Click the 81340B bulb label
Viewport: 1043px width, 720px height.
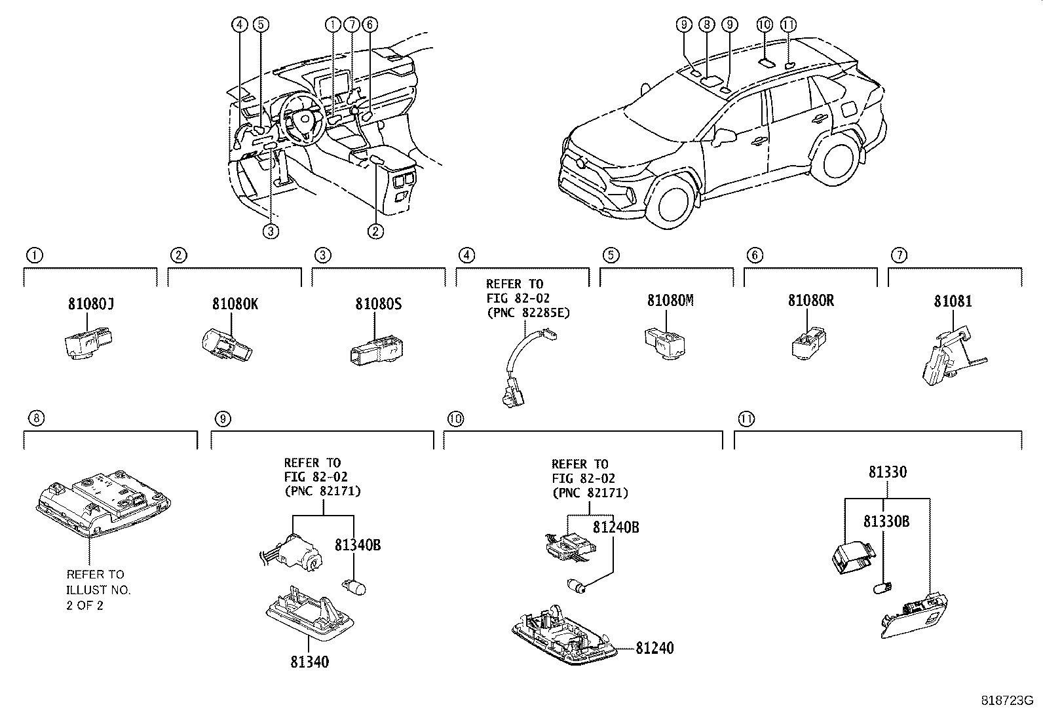(x=358, y=544)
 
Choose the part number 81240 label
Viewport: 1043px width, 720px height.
(x=654, y=648)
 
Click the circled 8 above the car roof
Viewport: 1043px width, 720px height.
(x=706, y=25)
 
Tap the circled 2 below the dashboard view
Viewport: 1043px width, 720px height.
(x=375, y=231)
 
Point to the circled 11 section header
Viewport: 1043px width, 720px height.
(x=745, y=418)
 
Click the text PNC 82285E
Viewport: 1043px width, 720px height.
(x=528, y=313)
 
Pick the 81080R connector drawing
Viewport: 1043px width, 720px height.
(x=810, y=341)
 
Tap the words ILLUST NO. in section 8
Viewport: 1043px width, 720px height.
(x=98, y=590)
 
